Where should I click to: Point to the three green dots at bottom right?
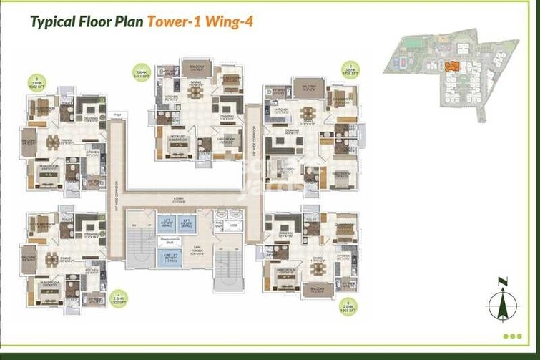pyautogui.click(x=512, y=336)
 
